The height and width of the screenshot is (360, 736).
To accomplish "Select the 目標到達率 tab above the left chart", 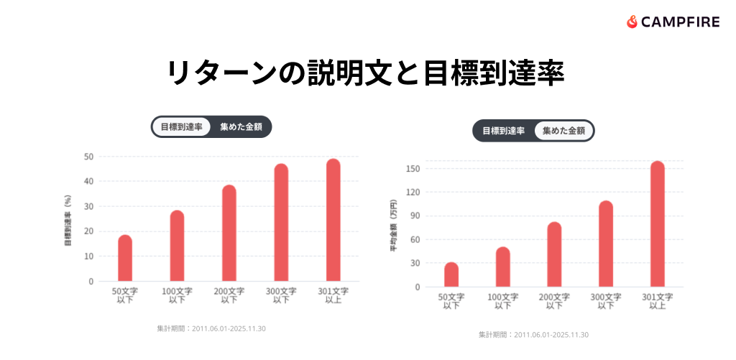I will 181,127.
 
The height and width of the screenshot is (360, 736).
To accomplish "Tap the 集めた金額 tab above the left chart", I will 241,127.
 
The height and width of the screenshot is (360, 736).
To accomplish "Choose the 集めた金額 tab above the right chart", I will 563,131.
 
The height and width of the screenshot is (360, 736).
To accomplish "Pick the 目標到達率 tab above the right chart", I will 503,131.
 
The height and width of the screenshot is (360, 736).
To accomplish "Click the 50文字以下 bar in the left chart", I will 125,258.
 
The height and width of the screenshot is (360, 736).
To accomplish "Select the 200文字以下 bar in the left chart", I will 229,233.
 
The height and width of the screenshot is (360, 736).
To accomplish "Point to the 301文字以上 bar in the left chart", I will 333,220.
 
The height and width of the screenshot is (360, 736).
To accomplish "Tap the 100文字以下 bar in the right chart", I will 503,267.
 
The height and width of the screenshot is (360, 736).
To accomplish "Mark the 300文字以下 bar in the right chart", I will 606,244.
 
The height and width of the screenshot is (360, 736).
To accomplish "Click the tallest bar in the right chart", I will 658,224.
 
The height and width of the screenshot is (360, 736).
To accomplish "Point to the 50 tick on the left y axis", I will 88,156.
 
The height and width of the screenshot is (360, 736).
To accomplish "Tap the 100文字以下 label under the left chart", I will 178,295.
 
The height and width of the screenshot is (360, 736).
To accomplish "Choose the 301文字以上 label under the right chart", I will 658,301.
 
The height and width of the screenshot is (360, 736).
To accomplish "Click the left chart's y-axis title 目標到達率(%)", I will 68,219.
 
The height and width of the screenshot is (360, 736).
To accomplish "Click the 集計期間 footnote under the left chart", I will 211,328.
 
